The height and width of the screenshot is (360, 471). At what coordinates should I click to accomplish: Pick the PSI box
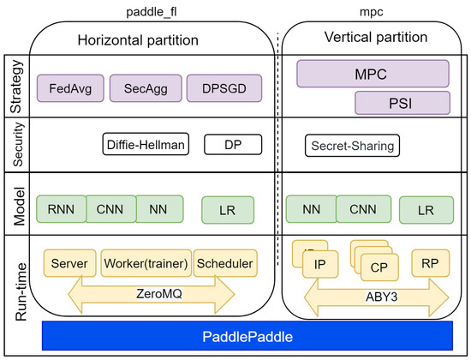coord(402,104)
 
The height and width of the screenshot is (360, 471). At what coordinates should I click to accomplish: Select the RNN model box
coord(62,207)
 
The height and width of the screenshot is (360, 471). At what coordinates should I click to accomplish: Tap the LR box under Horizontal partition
coord(228,208)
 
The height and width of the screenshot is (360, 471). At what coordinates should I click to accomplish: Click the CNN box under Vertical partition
coord(363,207)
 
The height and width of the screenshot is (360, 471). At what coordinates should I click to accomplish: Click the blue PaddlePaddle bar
coord(247,337)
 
